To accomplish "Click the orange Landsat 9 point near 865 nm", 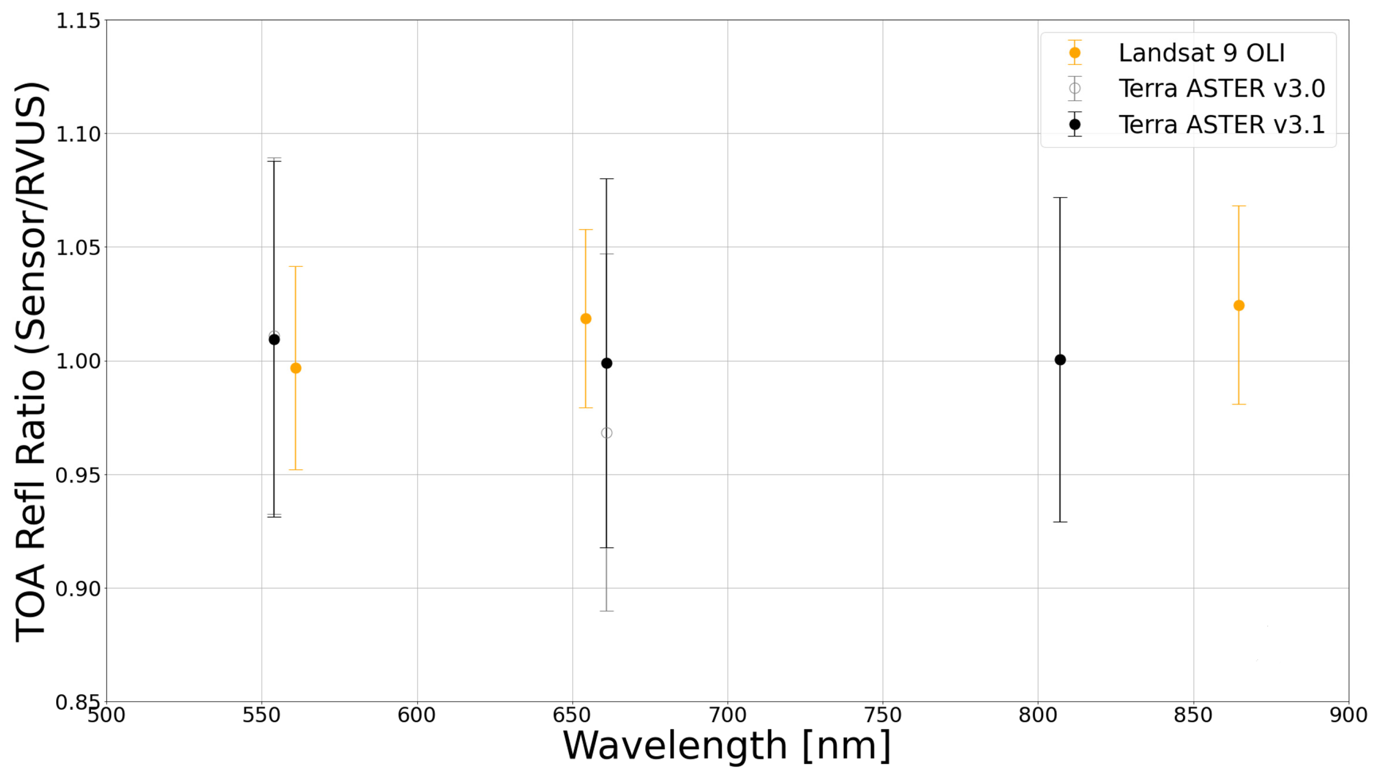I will (x=1239, y=306).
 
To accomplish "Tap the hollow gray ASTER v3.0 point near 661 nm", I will (x=606, y=433).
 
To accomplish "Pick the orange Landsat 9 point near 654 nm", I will (x=586, y=319).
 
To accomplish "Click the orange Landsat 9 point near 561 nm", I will (x=296, y=368).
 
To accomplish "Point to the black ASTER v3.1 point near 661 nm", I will (x=606, y=363).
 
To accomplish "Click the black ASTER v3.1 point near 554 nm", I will (x=274, y=340).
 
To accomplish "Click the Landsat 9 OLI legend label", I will (x=1202, y=53).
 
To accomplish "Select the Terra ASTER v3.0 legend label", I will (x=1221, y=89).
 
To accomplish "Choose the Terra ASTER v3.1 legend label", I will (x=1221, y=125).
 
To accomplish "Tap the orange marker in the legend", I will (x=1075, y=53).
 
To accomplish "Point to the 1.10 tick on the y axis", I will (x=78, y=134).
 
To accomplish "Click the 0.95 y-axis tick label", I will (x=78, y=475).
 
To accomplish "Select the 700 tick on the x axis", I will (x=727, y=715).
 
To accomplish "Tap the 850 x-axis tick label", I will (x=1193, y=715).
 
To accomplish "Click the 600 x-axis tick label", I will (x=417, y=715).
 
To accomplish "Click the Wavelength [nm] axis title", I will (x=727, y=746).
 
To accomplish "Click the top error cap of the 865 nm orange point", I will (x=1239, y=206).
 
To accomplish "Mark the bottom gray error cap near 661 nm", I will (x=606, y=611).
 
